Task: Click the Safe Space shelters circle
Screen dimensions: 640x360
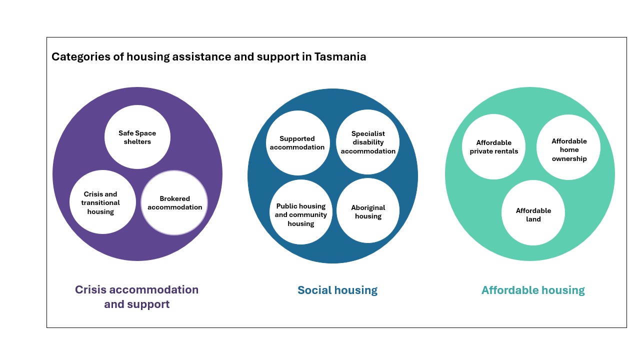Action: [137, 137]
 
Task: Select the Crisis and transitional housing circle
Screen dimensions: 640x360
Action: [102, 202]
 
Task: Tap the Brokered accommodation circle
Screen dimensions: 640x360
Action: [174, 203]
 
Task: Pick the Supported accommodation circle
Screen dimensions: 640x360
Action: [297, 143]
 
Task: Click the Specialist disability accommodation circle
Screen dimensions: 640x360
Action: [367, 142]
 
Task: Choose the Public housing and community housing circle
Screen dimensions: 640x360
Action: [301, 212]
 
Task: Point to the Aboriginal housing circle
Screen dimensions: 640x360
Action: [368, 211]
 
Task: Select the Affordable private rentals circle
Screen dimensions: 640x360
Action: [493, 147]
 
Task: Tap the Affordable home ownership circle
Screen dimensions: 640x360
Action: [568, 147]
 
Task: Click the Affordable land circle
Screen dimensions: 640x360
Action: [533, 213]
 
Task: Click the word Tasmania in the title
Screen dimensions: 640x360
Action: [340, 56]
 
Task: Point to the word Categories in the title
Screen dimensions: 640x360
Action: [81, 56]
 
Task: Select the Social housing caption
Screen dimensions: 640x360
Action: [337, 290]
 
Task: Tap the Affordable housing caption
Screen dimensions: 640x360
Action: [533, 290]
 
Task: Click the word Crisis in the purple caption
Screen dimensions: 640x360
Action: [90, 289]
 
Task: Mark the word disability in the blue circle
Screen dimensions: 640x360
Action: [368, 142]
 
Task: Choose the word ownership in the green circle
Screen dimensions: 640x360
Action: [569, 159]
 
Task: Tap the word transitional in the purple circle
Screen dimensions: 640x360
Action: [100, 203]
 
